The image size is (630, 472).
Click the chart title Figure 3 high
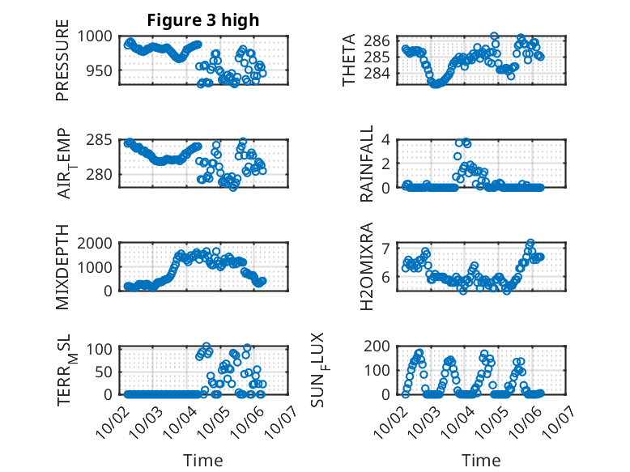click(x=203, y=21)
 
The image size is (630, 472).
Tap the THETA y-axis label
click(x=349, y=61)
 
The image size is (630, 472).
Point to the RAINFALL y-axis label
click(x=367, y=164)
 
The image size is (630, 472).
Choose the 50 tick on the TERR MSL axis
click(x=104, y=371)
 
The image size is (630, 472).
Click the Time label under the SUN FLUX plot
click(x=481, y=460)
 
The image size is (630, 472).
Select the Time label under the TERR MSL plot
click(x=203, y=460)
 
